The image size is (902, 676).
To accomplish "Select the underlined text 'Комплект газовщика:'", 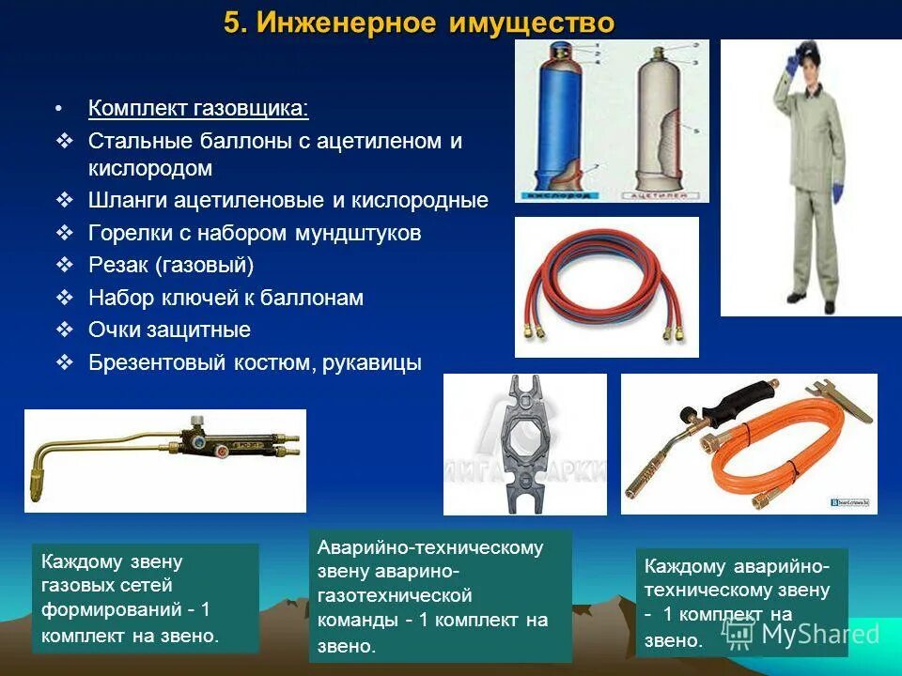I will [198, 108].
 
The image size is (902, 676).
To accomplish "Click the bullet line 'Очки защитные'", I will [169, 330].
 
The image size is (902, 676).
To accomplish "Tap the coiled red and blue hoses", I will [606, 286].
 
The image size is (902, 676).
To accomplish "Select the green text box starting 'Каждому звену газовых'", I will [145, 598].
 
